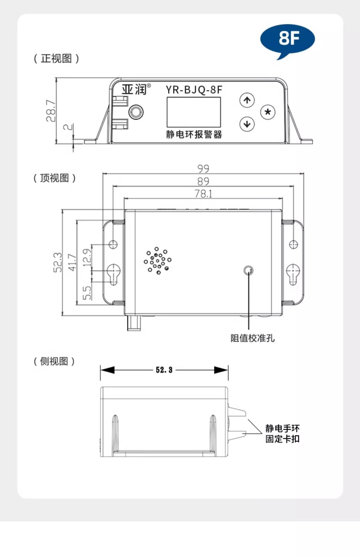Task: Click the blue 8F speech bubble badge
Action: pos(287,39)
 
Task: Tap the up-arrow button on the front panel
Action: pos(247,100)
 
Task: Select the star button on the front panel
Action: pos(268,112)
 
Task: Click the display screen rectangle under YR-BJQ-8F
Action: pos(194,112)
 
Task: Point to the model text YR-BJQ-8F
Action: pos(194,90)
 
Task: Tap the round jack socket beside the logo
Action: pos(136,112)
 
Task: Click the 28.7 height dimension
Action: pos(51,111)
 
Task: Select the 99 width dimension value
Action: pos(203,169)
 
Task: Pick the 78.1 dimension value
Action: pos(203,193)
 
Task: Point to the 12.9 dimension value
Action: pos(87,257)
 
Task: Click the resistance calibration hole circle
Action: pos(249,270)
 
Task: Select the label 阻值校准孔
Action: pos(253,338)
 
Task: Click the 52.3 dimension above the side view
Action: pos(164,370)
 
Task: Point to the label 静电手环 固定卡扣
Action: pos(282,433)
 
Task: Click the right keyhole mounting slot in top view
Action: pos(293,274)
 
